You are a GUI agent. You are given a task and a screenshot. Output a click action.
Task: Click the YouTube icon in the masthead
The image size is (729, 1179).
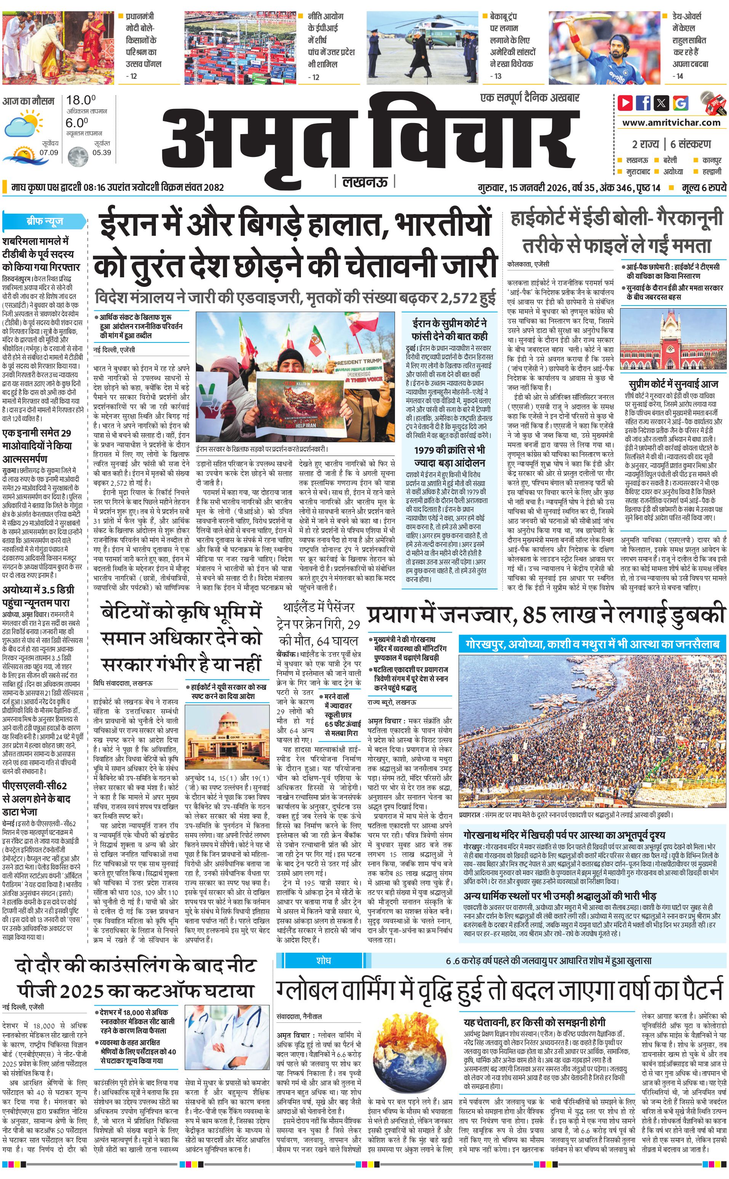pyautogui.click(x=625, y=103)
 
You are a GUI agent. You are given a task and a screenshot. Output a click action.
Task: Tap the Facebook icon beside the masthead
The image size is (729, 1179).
pyautogui.click(x=643, y=103)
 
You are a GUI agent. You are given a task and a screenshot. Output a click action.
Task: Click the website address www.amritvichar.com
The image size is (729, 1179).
pyautogui.click(x=671, y=123)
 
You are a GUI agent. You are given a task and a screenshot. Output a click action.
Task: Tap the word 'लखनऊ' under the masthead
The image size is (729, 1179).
pyautogui.click(x=364, y=182)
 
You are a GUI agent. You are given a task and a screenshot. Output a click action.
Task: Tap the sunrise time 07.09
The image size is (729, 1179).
pyautogui.click(x=49, y=153)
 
